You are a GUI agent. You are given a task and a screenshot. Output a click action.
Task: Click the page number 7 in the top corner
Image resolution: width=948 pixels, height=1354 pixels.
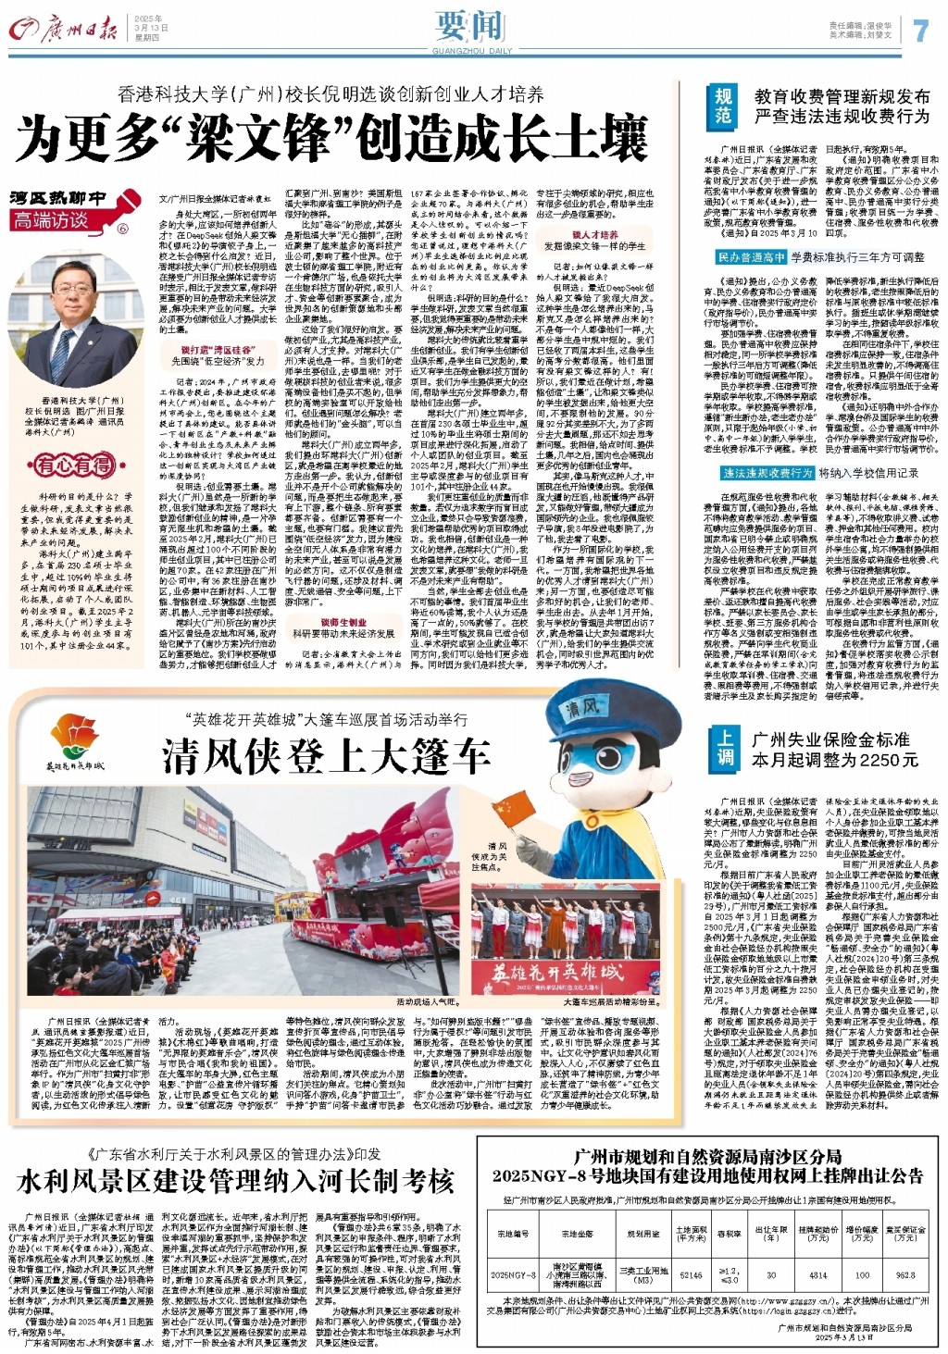pyautogui.click(x=919, y=31)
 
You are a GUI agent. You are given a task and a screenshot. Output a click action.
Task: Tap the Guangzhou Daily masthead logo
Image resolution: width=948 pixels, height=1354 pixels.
pyautogui.click(x=65, y=31)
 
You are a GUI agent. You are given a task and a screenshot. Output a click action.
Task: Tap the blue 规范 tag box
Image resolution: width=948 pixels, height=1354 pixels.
pyautogui.click(x=723, y=106)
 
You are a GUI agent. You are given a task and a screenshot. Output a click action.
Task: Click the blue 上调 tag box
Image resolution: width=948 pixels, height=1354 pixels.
pyautogui.click(x=725, y=748)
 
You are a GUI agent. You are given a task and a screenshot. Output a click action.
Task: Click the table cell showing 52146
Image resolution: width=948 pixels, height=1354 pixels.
pyautogui.click(x=692, y=1274)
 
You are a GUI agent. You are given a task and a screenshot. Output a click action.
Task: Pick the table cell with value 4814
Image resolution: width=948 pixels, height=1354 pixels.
pyautogui.click(x=817, y=1274)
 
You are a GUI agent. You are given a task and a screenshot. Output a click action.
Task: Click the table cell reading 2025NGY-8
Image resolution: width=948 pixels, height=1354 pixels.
pyautogui.click(x=514, y=1274)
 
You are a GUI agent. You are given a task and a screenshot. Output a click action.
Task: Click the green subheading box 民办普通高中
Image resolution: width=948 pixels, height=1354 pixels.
pyautogui.click(x=751, y=257)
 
